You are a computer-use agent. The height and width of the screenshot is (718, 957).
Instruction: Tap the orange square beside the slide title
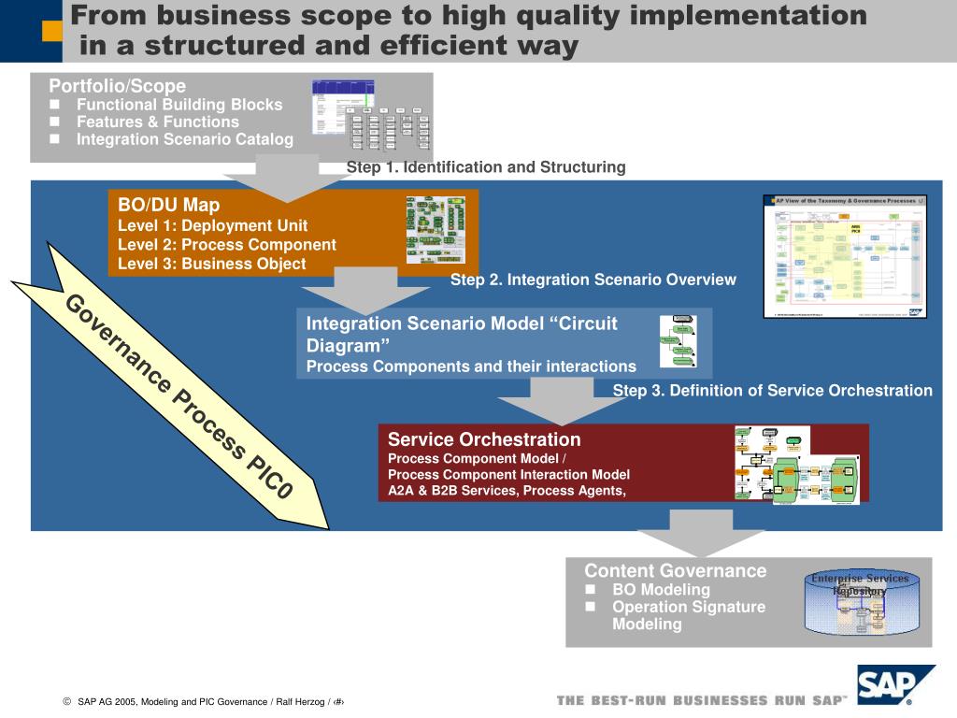[53, 32]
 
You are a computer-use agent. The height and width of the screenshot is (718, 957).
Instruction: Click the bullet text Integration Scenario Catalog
[184, 139]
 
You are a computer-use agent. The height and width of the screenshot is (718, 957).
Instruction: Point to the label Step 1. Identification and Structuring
[486, 167]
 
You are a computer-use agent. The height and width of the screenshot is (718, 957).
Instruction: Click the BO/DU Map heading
[169, 205]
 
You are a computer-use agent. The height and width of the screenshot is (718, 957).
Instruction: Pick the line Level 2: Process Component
[227, 245]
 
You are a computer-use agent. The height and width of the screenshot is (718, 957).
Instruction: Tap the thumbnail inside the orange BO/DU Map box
[436, 229]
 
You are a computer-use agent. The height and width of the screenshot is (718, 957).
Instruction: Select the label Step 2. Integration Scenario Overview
[593, 280]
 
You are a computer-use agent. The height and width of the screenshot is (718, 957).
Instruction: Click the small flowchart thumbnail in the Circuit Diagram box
[678, 341]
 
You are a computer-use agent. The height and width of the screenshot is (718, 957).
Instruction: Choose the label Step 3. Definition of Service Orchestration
[773, 391]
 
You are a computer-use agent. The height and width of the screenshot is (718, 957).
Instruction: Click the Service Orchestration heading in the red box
[484, 439]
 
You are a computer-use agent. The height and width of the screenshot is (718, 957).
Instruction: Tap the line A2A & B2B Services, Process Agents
[507, 490]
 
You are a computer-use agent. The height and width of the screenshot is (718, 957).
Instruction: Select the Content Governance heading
[675, 570]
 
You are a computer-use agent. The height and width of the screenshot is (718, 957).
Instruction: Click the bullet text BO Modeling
[661, 589]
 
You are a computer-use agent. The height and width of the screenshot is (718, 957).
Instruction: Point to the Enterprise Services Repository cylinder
[860, 604]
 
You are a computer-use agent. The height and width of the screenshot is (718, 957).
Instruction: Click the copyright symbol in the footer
[67, 701]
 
